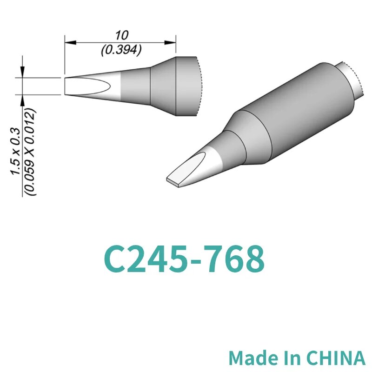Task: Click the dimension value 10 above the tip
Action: (x=120, y=35)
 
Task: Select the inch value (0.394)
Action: (x=120, y=50)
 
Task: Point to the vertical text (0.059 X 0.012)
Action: (x=31, y=151)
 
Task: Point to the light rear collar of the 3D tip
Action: (x=351, y=81)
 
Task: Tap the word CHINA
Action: (x=337, y=358)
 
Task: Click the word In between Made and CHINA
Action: (x=292, y=358)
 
